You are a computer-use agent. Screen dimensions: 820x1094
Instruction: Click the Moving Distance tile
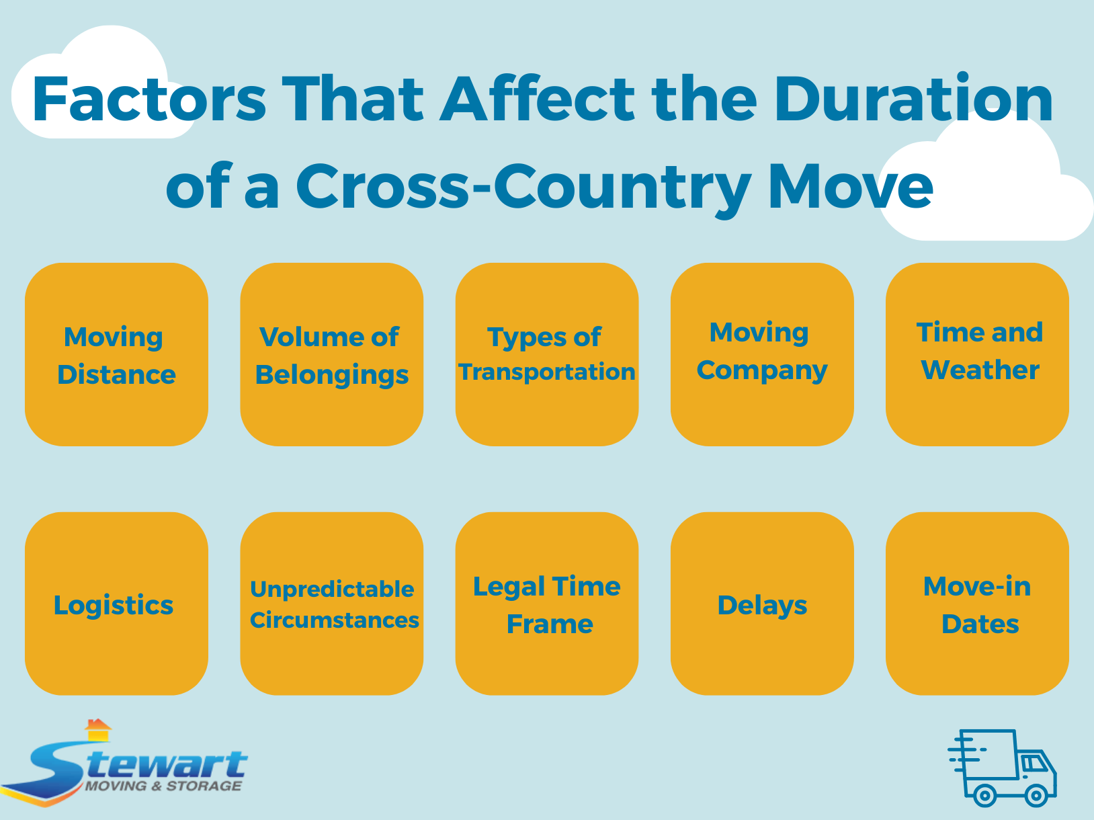pyautogui.click(x=116, y=354)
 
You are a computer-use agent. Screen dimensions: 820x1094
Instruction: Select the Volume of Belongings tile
pyautogui.click(x=331, y=354)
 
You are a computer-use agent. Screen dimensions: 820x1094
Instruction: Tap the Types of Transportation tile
pyautogui.click(x=546, y=354)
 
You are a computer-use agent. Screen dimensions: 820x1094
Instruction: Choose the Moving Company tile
pyautogui.click(x=762, y=354)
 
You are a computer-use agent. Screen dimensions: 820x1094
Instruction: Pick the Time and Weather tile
pyautogui.click(x=977, y=354)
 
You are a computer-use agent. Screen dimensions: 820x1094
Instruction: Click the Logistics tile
pyautogui.click(x=116, y=604)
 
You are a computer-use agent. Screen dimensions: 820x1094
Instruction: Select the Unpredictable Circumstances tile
pyautogui.click(x=331, y=604)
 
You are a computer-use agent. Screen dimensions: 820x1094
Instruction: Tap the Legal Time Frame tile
pyautogui.click(x=546, y=604)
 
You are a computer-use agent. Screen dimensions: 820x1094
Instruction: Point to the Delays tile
pyautogui.click(x=762, y=604)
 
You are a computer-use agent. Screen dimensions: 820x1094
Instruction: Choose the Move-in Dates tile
pyautogui.click(x=977, y=604)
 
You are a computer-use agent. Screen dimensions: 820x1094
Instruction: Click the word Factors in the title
pyautogui.click(x=149, y=99)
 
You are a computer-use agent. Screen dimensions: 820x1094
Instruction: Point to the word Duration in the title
pyautogui.click(x=913, y=99)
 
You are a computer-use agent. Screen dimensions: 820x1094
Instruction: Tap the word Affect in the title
pyautogui.click(x=537, y=99)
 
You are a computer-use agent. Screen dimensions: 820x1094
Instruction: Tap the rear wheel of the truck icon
pyautogui.click(x=984, y=796)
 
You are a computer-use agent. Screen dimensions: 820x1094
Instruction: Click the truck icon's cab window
pyautogui.click(x=1033, y=763)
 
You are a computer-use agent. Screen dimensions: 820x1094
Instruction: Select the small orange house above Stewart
pyautogui.click(x=98, y=729)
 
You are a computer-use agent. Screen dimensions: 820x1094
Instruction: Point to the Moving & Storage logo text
pyautogui.click(x=163, y=786)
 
